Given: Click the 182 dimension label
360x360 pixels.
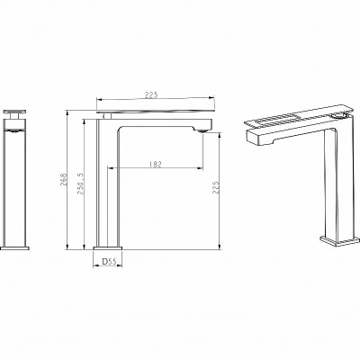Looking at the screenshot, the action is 155,164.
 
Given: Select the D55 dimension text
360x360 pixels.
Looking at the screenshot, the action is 109,262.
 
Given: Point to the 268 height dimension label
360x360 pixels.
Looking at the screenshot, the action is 63,179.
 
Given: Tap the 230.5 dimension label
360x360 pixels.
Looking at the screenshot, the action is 81,184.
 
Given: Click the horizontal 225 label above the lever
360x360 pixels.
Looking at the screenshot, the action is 151,94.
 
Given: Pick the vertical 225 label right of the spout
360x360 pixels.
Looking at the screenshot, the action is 216,187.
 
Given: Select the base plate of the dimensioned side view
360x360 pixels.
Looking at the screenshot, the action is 108,248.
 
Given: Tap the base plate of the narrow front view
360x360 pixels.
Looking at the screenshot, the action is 14,248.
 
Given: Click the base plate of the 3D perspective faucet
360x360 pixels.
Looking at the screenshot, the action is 339,241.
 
